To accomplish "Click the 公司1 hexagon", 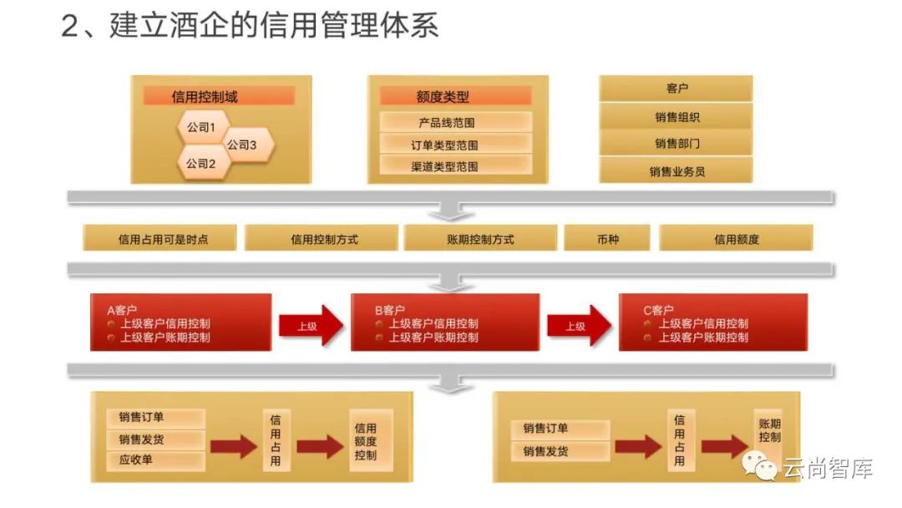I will pyautogui.click(x=200, y=128).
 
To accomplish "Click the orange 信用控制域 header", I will pyautogui.click(x=220, y=97).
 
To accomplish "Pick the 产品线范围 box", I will pyautogui.click(x=456, y=123).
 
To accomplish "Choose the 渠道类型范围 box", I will pyautogui.click(x=456, y=166).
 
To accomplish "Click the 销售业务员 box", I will pyautogui.click(x=676, y=171).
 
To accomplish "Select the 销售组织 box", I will pyautogui.click(x=676, y=117).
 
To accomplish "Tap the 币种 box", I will pyautogui.click(x=607, y=239).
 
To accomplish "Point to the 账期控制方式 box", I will pyautogui.click(x=480, y=239).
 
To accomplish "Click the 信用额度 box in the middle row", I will pyautogui.click(x=736, y=239).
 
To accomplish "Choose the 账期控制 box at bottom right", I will pyautogui.click(x=769, y=431).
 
